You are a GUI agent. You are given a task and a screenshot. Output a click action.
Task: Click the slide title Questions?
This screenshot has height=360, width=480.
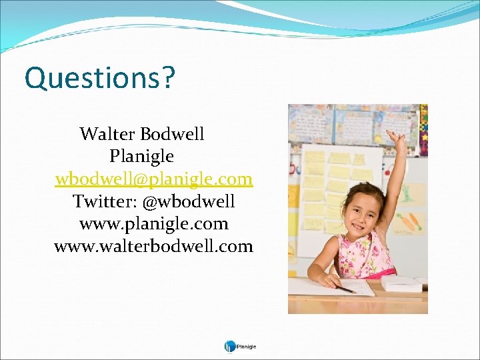(99, 78)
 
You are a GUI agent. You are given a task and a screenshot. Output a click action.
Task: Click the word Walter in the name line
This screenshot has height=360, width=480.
(107, 134)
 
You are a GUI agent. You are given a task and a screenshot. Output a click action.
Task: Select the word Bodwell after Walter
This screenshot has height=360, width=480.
(172, 134)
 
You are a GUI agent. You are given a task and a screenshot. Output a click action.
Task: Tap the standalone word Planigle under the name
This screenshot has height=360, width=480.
(141, 157)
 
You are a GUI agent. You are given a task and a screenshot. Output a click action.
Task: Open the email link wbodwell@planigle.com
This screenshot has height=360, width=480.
(154, 179)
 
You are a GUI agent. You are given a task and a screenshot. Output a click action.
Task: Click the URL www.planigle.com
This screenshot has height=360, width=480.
(154, 223)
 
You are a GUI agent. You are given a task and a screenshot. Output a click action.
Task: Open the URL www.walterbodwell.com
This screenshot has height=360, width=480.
(154, 246)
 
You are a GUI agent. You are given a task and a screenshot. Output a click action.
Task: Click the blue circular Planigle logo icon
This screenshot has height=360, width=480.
(229, 346)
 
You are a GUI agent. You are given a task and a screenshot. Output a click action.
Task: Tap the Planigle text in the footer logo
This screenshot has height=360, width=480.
(247, 347)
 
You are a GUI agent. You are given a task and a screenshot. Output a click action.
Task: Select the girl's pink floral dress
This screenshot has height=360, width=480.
(365, 256)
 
